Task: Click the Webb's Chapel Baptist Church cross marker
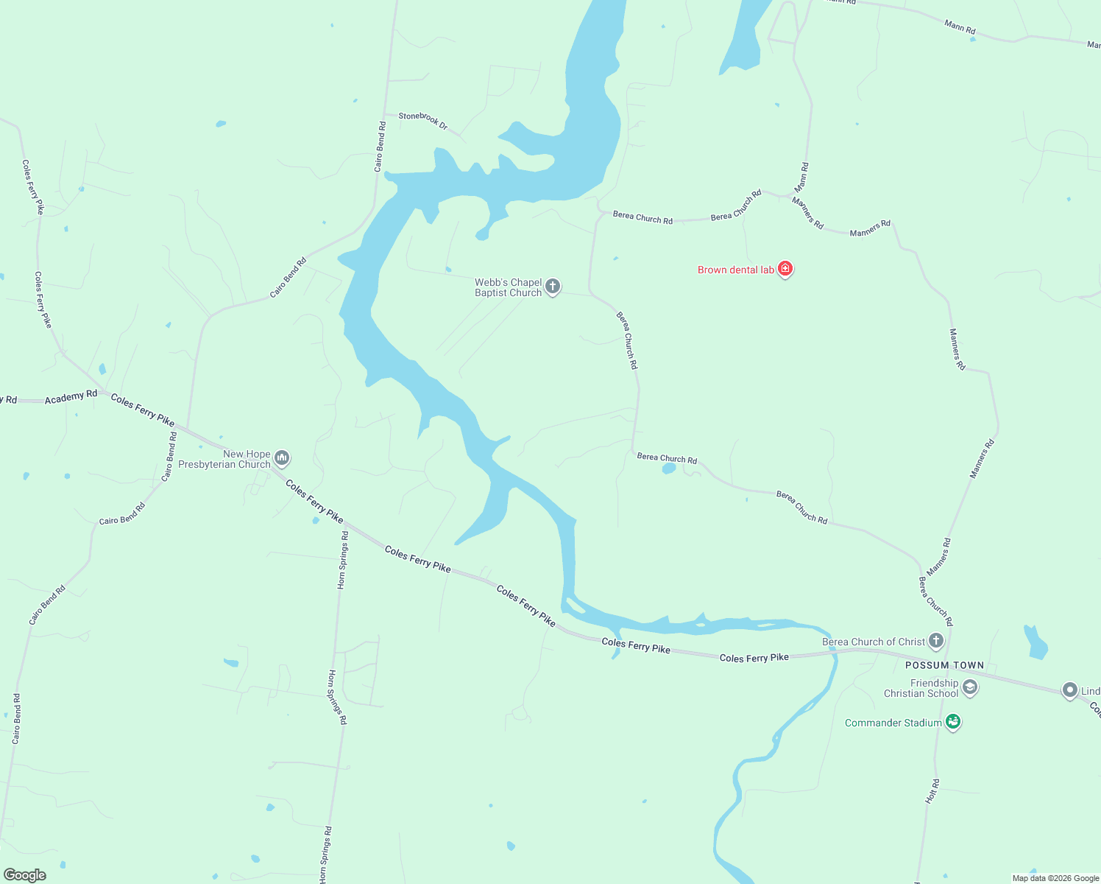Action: coord(553,287)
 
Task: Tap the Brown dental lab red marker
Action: coord(785,269)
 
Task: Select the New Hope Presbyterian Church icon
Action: coord(281,459)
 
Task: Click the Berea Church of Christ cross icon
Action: coord(935,641)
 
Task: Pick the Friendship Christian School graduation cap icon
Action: coord(970,688)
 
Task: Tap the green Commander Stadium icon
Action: coord(953,722)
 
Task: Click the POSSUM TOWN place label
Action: coord(944,665)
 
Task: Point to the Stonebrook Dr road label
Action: coord(423,121)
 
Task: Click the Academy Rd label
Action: coord(71,397)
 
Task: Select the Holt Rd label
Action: coord(932,791)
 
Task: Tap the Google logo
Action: coord(25,875)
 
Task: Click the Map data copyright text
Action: coord(1055,878)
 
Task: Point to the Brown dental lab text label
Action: coord(735,270)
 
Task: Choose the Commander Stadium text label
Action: coord(893,723)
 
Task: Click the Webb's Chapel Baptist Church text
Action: coord(508,287)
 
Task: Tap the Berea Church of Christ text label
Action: coord(873,642)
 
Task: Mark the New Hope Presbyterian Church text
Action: coord(224,459)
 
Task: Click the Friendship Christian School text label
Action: coord(921,688)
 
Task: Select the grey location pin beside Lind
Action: coord(1069,690)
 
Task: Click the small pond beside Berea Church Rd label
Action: coord(668,468)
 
